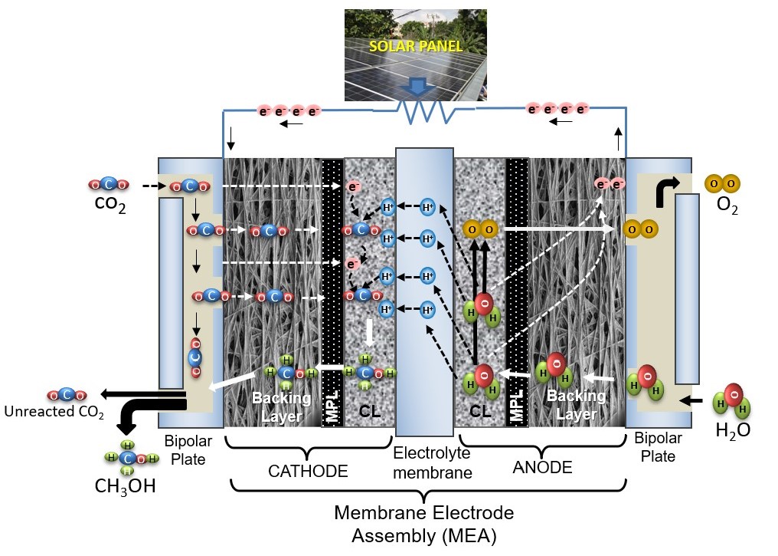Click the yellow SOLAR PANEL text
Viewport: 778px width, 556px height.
pos(416,46)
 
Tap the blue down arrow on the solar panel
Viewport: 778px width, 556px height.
pos(418,87)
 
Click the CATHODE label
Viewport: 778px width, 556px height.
pos(308,471)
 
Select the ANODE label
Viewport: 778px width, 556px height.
pos(542,467)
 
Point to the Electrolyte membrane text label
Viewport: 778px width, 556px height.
pos(432,462)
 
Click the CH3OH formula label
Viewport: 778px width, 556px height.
pos(125,486)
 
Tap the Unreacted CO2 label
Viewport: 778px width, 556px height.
pos(54,412)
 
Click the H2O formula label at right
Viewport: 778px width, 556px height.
pos(733,430)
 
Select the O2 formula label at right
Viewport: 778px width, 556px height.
pos(727,205)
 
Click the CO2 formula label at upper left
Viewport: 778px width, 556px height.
pos(110,204)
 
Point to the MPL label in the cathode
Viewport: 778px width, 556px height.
pos(332,406)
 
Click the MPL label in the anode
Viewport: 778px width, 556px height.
pos(517,405)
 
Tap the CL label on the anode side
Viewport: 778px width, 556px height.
pos(480,410)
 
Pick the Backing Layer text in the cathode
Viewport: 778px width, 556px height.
pos(282,406)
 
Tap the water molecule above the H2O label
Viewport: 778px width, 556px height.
pos(732,400)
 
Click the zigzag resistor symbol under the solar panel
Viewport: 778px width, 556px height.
pos(427,111)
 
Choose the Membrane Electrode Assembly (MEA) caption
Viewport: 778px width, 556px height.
pos(424,525)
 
